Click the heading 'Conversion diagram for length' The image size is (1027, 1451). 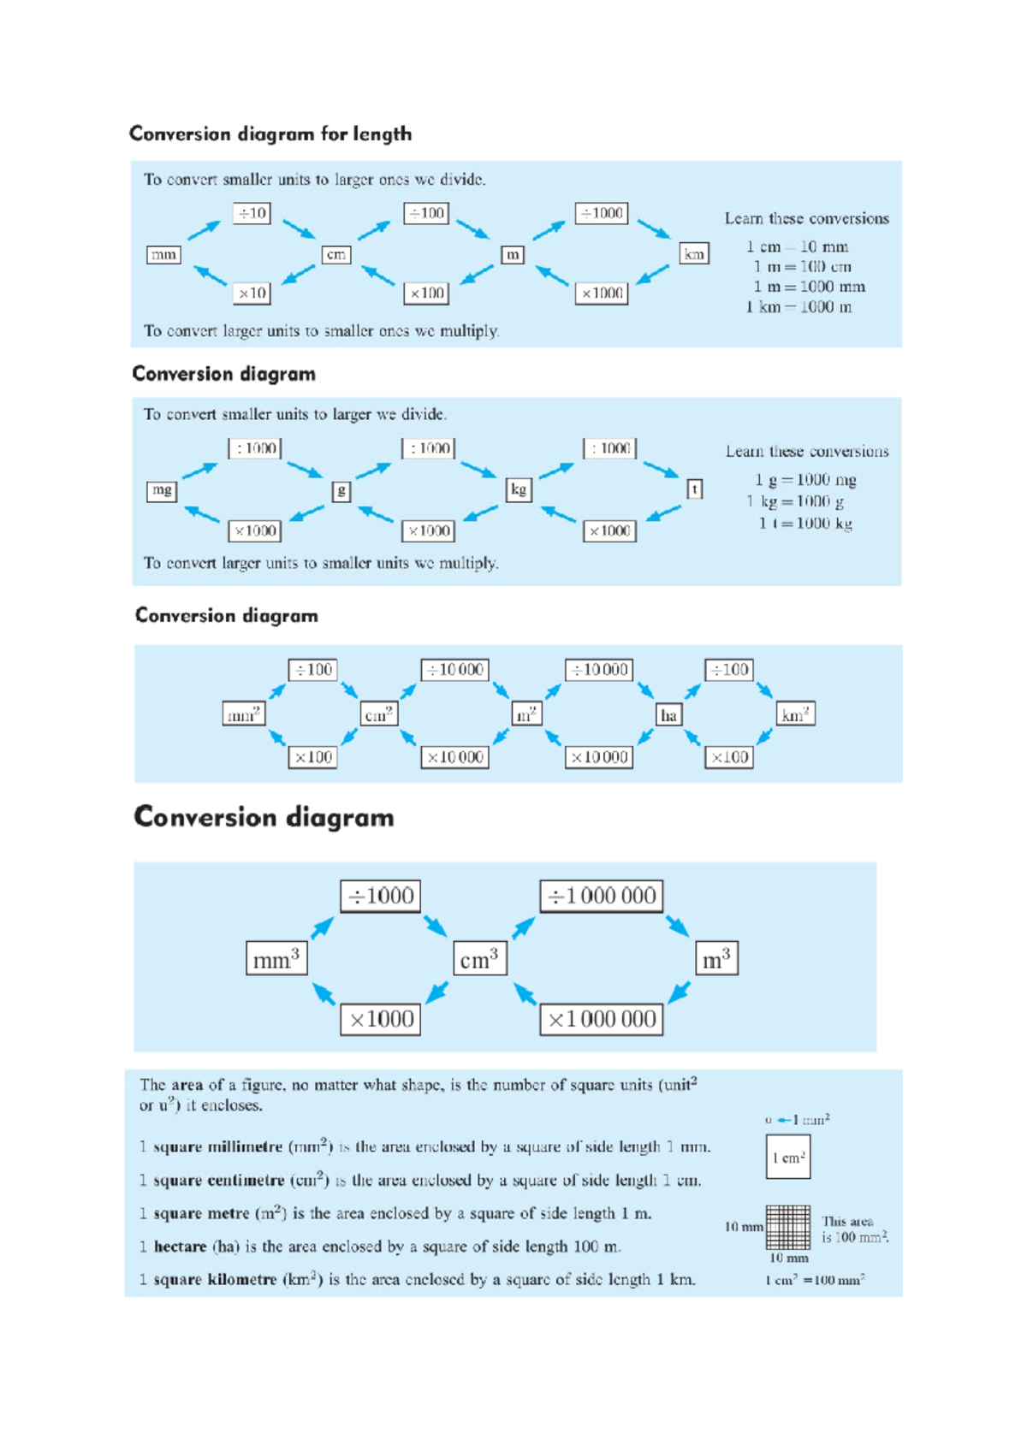coord(270,134)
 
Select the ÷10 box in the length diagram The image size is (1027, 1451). coord(252,213)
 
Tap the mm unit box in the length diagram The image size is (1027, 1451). coord(163,254)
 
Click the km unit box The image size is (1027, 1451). coord(693,254)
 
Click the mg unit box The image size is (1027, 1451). coord(162,490)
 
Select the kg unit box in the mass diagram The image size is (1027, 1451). coord(518,489)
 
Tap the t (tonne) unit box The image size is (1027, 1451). coord(695,489)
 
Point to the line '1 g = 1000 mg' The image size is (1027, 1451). coord(805,480)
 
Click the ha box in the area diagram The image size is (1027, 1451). coord(668,715)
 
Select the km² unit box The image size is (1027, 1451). coord(795,714)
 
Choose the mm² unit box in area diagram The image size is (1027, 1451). coord(243,714)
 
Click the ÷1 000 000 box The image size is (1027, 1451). coord(602,896)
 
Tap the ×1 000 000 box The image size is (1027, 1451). coord(602,1019)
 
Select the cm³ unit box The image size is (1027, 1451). coord(479,959)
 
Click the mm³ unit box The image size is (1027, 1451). coord(276,959)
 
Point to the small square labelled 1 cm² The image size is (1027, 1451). coord(787,1157)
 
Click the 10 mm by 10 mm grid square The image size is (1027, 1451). coord(788,1228)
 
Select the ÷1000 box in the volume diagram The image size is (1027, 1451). coord(381,896)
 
